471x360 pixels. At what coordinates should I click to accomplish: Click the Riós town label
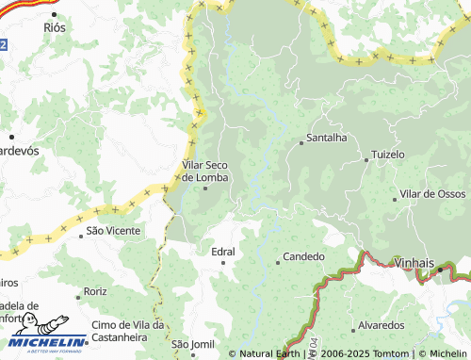[x=56, y=29]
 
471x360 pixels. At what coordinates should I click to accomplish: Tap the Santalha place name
[x=326, y=138]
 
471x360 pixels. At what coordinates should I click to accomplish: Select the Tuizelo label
[x=387, y=154]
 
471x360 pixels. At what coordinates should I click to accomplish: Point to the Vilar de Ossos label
[x=432, y=193]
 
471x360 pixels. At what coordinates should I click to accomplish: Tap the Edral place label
[x=223, y=252]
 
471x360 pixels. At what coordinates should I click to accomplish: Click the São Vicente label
[x=113, y=230]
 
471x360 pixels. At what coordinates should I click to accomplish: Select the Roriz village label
[x=95, y=293]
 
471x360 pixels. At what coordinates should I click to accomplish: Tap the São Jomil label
[x=193, y=344]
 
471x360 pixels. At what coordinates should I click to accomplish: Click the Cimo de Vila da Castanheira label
[x=128, y=331]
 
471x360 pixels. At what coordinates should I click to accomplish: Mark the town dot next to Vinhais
[x=438, y=270]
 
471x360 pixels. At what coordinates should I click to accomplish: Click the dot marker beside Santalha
[x=300, y=143]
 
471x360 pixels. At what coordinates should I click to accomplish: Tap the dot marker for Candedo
[x=277, y=262]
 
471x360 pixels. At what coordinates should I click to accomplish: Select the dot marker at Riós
[x=55, y=15]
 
